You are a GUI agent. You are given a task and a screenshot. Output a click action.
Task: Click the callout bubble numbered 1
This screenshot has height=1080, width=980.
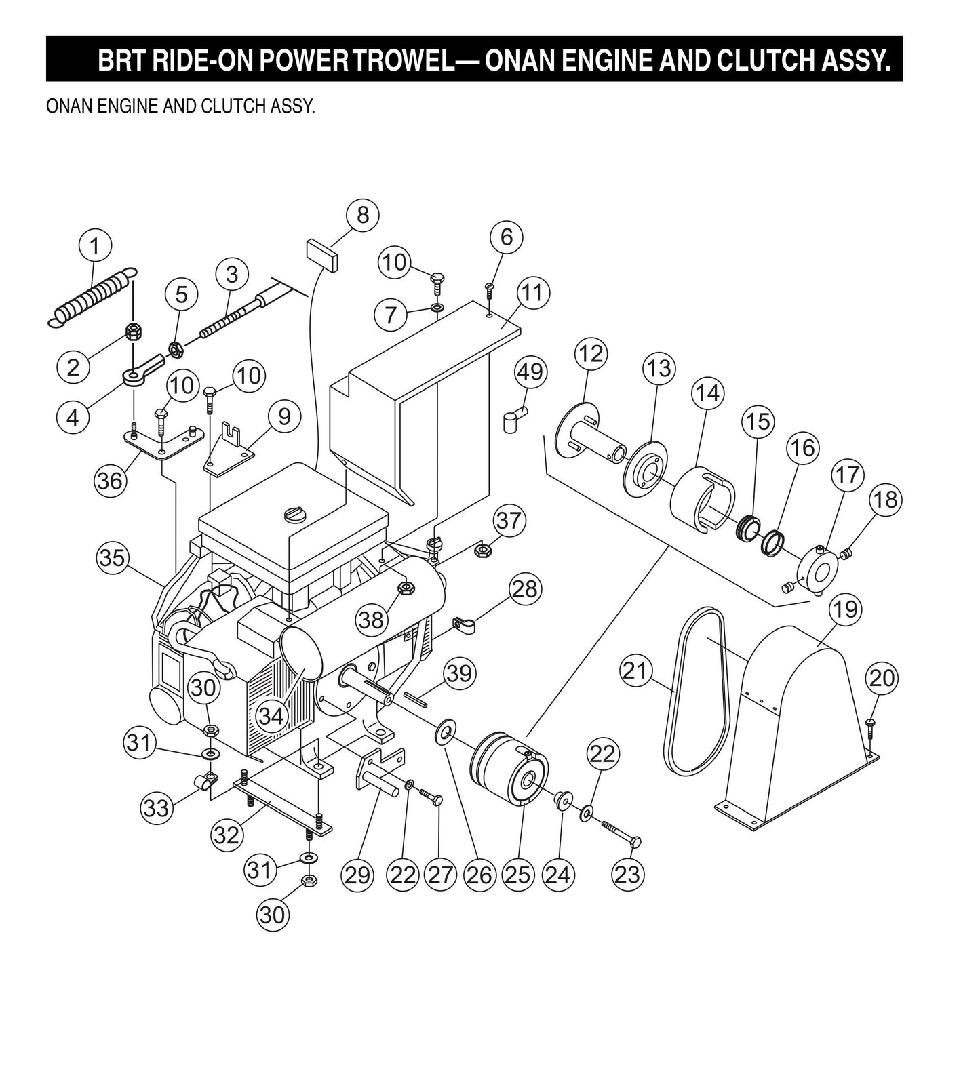click(x=96, y=246)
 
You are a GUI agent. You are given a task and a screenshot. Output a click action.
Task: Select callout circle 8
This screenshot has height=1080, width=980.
click(x=362, y=215)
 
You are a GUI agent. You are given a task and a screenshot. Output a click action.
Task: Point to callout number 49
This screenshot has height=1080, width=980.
click(x=530, y=372)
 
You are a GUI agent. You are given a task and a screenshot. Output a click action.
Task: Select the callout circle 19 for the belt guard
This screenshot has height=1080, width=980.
click(x=846, y=609)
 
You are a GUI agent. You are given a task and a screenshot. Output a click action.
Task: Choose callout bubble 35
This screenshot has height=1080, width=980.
click(x=113, y=557)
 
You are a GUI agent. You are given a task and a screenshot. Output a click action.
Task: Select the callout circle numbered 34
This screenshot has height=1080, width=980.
click(x=272, y=715)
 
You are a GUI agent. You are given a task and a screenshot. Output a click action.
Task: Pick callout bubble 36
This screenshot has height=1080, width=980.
click(x=110, y=480)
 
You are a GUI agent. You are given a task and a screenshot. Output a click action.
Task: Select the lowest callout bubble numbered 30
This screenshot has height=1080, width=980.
click(x=272, y=915)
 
